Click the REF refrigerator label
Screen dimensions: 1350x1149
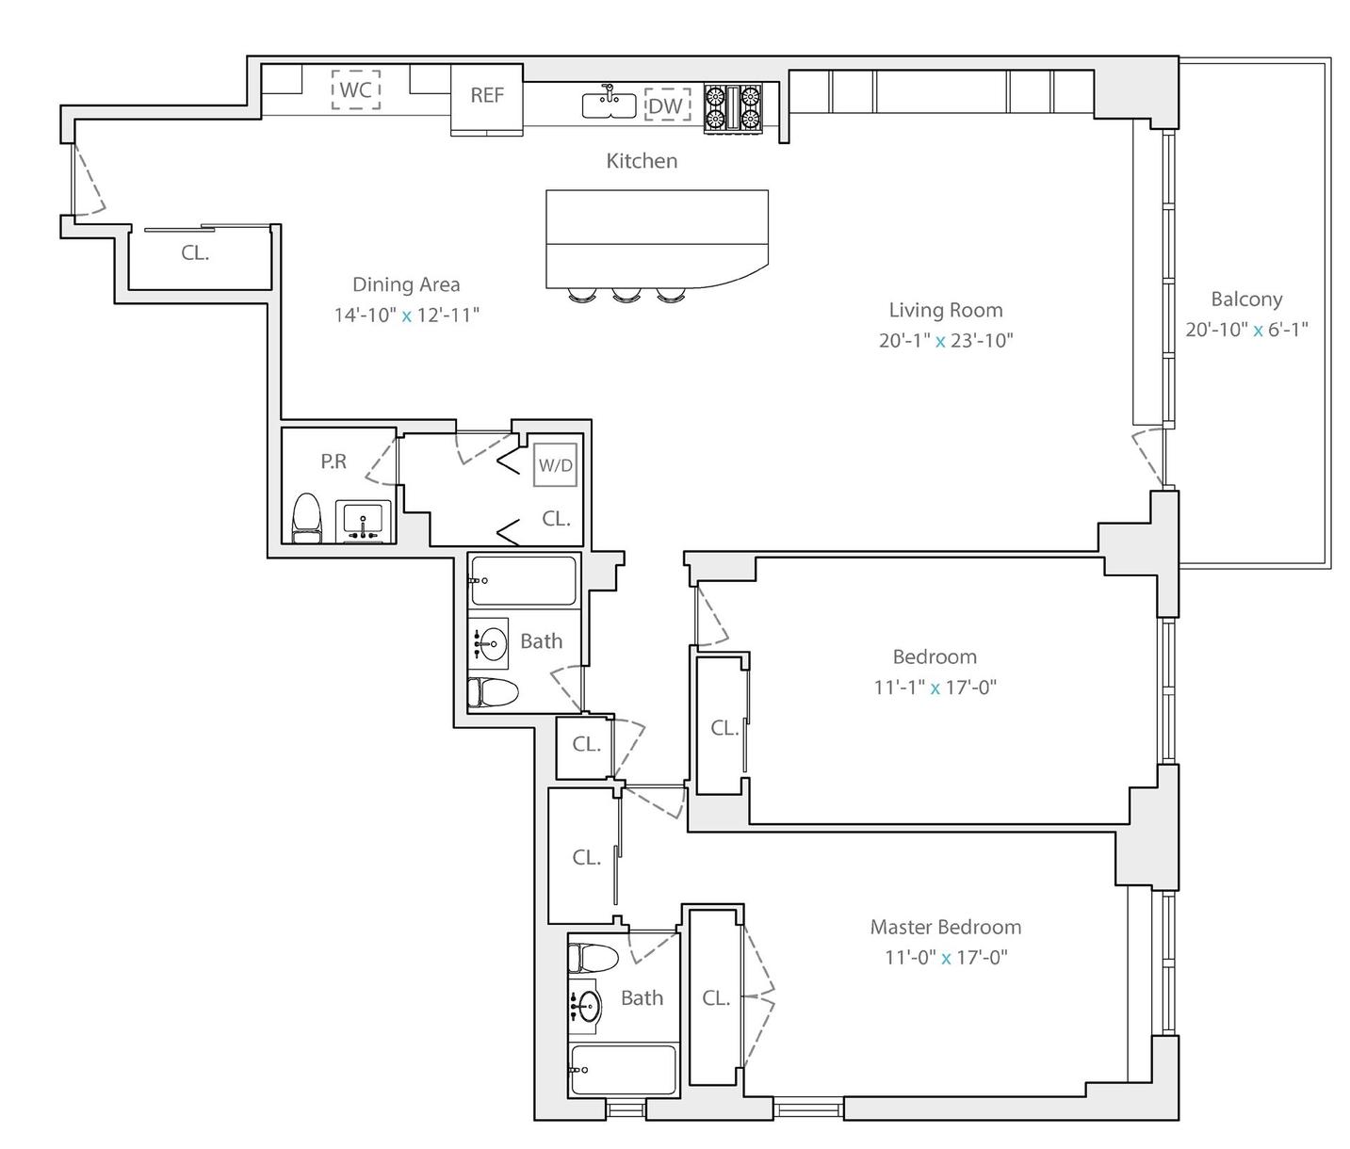[x=486, y=95]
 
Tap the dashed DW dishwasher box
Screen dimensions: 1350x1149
[x=666, y=105]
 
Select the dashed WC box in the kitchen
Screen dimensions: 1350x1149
[x=355, y=89]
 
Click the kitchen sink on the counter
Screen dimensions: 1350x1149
[x=609, y=104]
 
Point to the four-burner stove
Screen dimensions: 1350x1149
[x=733, y=107]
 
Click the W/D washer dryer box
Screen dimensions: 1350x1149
[x=555, y=465]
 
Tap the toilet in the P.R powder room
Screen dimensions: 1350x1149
[x=307, y=518]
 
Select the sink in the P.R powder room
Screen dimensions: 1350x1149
[x=363, y=521]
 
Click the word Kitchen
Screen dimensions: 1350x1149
[x=642, y=161]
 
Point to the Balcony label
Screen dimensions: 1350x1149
[x=1246, y=299]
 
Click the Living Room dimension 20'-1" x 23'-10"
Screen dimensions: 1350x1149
[x=945, y=340]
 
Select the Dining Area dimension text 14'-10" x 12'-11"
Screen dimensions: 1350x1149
[x=406, y=316]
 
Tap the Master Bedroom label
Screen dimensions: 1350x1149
[x=945, y=927]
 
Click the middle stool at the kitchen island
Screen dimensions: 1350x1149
[x=625, y=295]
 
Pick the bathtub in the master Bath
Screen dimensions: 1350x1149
[x=623, y=1069]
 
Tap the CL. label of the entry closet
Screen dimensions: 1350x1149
[x=195, y=252]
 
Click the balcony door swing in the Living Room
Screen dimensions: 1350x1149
[x=1148, y=457]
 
